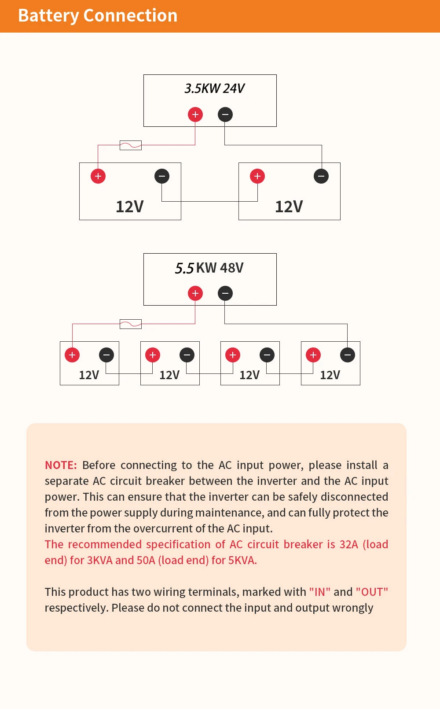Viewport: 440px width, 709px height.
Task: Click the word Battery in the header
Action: coord(48,16)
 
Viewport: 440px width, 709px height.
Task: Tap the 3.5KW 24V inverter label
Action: coord(214,89)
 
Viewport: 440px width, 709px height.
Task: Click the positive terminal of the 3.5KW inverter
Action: coord(195,114)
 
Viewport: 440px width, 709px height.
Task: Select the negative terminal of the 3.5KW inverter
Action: coord(225,114)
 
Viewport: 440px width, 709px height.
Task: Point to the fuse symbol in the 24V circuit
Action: coord(131,145)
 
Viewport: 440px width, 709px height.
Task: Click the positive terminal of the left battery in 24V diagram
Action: coord(98,176)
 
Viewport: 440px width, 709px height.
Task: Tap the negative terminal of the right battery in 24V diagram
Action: coord(321,176)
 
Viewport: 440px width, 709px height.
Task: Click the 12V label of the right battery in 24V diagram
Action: coord(289,207)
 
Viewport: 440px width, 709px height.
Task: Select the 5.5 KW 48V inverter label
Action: coord(209,268)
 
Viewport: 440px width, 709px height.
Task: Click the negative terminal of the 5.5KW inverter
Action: coord(225,293)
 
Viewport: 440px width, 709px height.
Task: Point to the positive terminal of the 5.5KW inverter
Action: coord(195,293)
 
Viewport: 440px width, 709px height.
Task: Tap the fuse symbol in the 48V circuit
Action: coord(131,324)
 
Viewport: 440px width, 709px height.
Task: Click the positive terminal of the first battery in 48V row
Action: coord(72,355)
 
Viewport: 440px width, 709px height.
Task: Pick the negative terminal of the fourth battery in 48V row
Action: coord(348,355)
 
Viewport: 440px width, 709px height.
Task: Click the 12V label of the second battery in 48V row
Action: coord(169,375)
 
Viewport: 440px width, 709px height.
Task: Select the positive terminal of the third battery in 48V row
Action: coord(233,355)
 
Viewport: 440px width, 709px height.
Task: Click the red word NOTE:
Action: coord(61,465)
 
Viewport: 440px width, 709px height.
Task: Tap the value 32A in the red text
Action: coord(348,545)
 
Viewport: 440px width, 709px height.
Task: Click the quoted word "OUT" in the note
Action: coord(372,592)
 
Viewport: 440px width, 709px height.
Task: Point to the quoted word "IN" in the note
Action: coord(320,592)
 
